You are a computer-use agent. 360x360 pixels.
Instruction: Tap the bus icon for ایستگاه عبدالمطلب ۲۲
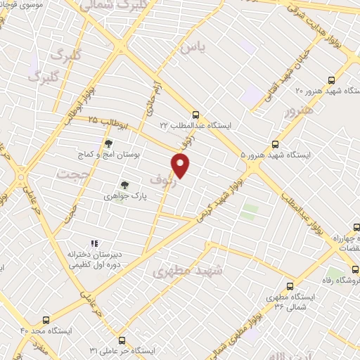pyautogui.click(x=196, y=115)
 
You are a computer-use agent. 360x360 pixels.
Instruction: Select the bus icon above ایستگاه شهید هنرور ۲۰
pyautogui.click(x=330, y=80)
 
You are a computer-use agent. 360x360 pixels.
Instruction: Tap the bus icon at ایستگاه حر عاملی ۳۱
pyautogui.click(x=122, y=340)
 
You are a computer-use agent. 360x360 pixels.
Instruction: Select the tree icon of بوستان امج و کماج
pyautogui.click(x=108, y=143)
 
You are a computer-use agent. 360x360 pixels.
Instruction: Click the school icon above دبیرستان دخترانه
pyautogui.click(x=94, y=243)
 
